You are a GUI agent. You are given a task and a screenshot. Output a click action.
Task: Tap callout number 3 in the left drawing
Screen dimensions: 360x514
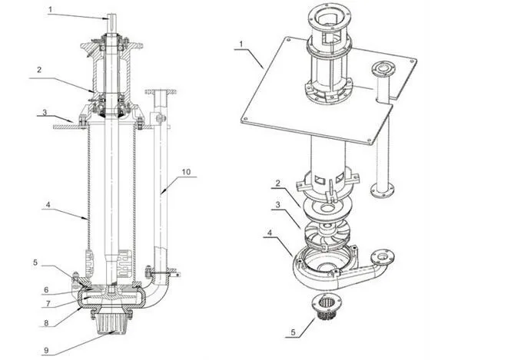(x=45, y=113)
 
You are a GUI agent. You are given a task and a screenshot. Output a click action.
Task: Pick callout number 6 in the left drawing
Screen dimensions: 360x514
(x=45, y=290)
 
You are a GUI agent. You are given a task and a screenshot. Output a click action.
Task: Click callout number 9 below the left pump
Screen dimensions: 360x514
(x=46, y=351)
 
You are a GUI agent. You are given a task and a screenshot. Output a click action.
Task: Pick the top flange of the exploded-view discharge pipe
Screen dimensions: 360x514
(x=382, y=68)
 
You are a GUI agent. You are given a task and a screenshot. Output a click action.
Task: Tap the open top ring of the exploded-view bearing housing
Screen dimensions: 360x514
(x=328, y=15)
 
